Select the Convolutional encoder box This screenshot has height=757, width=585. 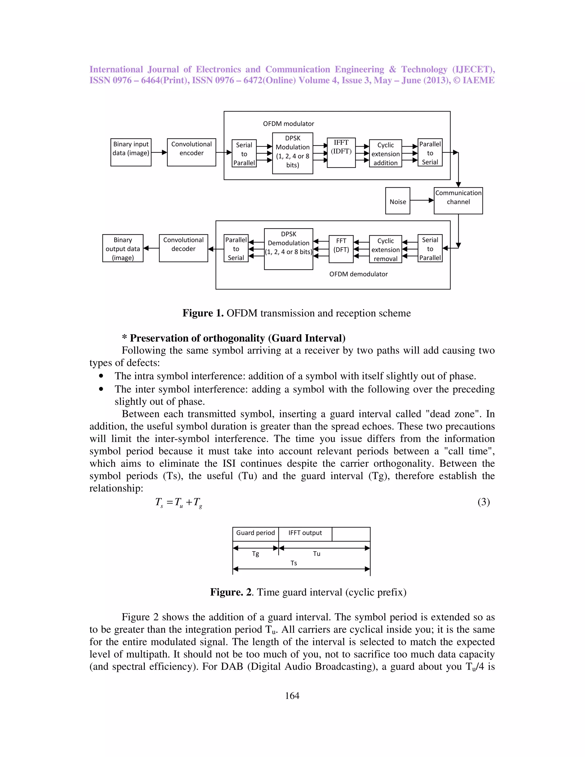[x=191, y=152]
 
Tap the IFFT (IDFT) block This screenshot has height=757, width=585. [x=341, y=153]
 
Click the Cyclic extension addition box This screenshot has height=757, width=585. [x=385, y=154]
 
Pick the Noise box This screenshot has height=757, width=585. [x=398, y=201]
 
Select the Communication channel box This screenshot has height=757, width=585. [x=458, y=201]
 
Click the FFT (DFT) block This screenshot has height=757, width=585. [x=341, y=249]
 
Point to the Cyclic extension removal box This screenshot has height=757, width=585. [x=385, y=249]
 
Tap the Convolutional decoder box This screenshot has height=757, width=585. [x=183, y=248]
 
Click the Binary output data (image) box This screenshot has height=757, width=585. [x=123, y=248]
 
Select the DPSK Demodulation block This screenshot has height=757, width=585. [x=288, y=249]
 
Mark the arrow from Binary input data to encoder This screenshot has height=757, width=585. [x=159, y=152]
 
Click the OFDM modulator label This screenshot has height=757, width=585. [x=288, y=124]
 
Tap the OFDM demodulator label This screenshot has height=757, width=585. [x=358, y=274]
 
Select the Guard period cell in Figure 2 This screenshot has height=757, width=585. [x=255, y=533]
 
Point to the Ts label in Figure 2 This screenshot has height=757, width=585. [x=294, y=563]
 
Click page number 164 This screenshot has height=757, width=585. [x=292, y=696]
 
